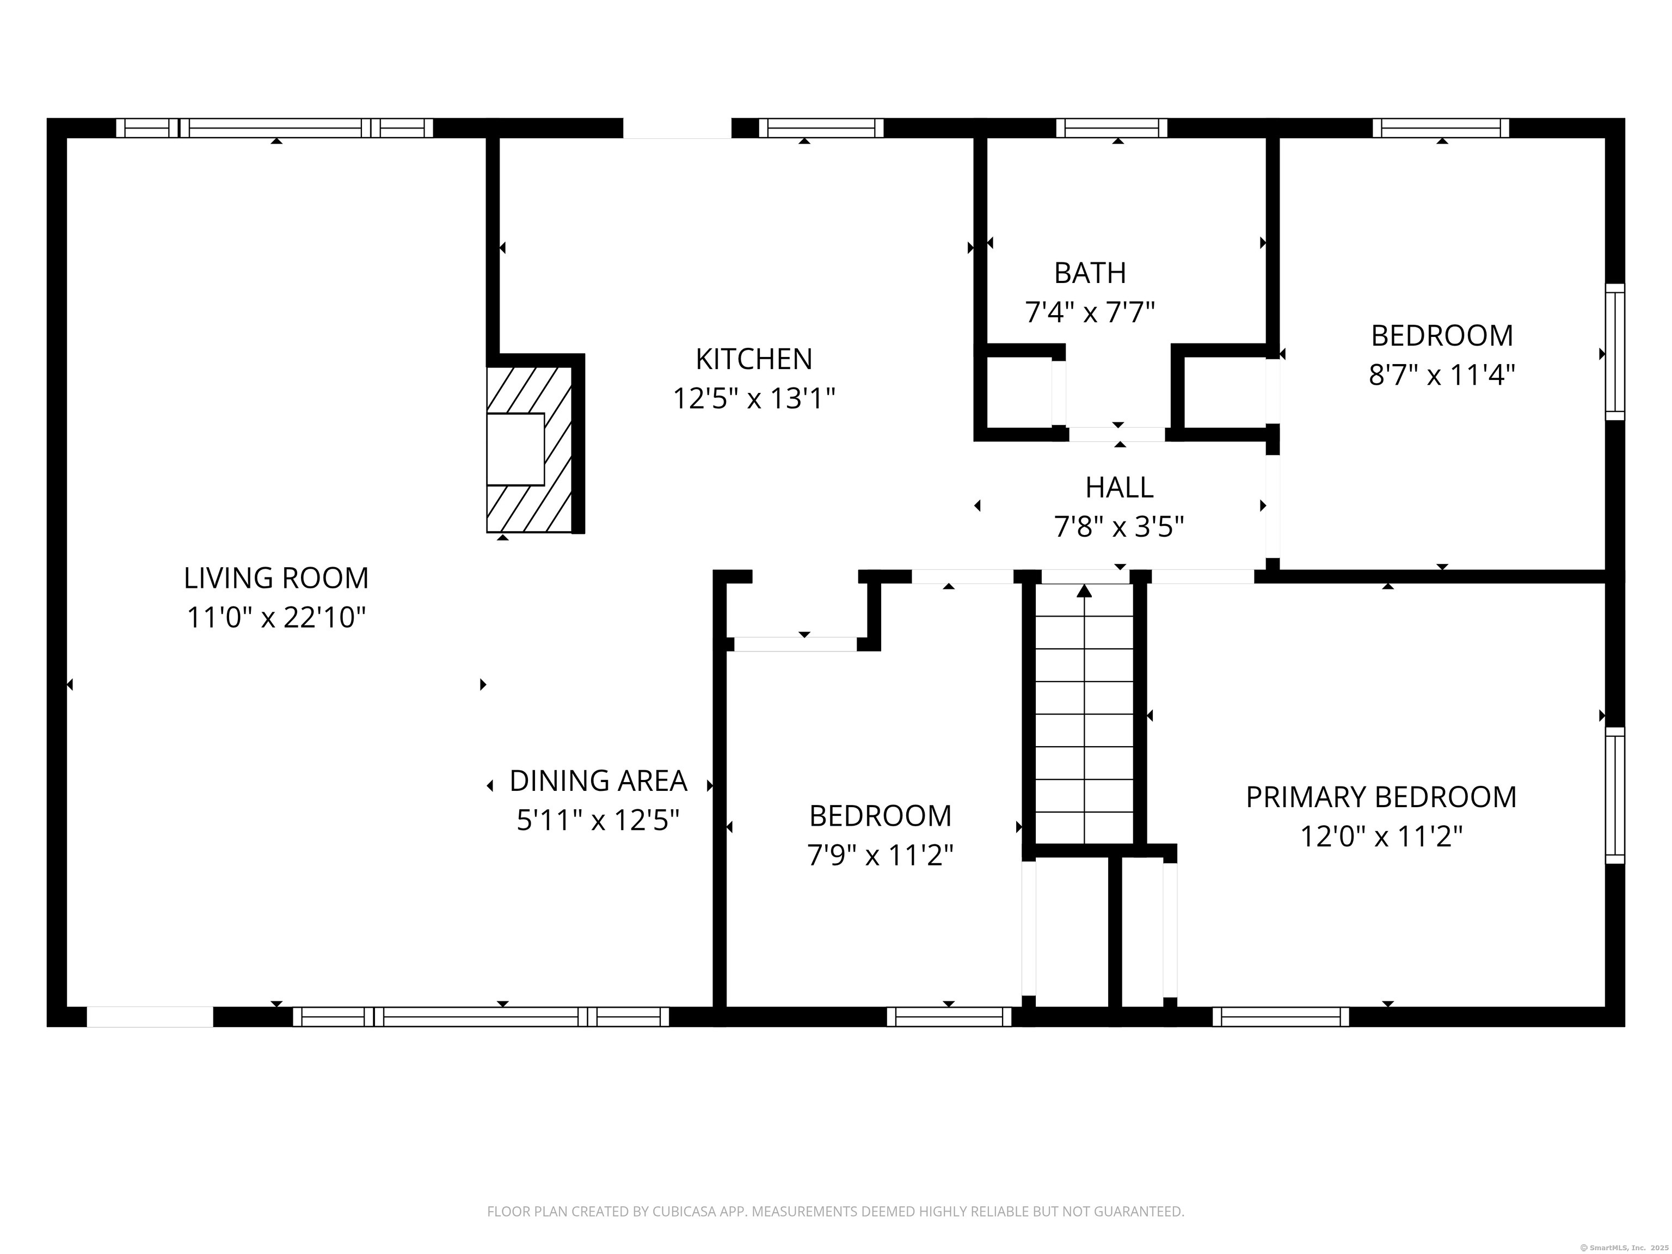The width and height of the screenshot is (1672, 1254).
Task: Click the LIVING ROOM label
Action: point(276,578)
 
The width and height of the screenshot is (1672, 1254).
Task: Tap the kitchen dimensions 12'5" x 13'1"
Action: point(754,398)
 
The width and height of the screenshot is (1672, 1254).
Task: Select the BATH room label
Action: point(1090,273)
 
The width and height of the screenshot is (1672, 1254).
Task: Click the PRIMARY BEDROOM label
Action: point(1381,797)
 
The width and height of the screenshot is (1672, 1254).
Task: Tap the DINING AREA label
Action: point(598,781)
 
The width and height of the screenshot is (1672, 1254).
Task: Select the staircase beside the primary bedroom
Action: point(1084,714)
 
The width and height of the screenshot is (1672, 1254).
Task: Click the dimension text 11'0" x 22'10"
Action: point(276,618)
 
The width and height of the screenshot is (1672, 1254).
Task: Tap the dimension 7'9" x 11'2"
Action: point(880,856)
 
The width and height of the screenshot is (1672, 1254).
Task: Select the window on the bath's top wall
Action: point(1111,128)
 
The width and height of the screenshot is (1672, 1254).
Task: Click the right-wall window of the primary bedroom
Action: point(1614,795)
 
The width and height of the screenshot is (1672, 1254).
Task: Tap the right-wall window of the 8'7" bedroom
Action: point(1614,352)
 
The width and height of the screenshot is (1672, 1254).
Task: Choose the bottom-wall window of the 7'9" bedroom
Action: point(949,1017)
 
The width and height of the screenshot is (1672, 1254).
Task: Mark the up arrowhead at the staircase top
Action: point(1084,591)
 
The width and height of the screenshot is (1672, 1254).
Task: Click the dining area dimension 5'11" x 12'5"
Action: point(598,820)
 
